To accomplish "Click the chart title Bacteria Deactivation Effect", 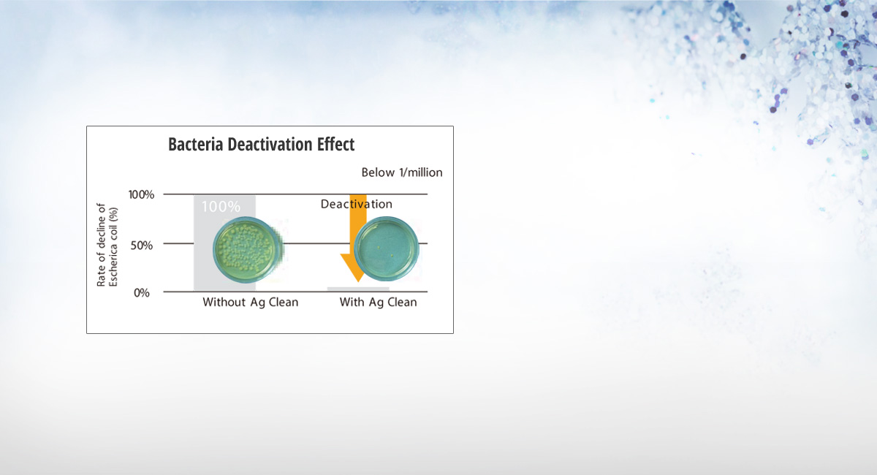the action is (261, 145).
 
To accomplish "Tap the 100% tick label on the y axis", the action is (141, 194).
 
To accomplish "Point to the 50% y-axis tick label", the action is (142, 246).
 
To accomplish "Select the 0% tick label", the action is (142, 293).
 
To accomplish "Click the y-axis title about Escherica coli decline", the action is (107, 245).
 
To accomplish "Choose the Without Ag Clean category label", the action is (251, 303).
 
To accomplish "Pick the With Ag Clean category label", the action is (379, 303).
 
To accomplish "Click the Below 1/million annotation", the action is (402, 172).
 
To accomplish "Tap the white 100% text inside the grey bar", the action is (221, 207).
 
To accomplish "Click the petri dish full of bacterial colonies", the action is (247, 250).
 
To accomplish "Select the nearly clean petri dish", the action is (387, 248).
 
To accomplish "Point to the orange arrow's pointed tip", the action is (358, 281).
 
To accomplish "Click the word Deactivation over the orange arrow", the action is (357, 204).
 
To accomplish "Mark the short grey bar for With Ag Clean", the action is (358, 289).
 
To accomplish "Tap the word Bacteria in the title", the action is (196, 145).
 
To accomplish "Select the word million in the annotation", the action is (425, 172).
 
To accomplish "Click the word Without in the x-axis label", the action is (224, 303).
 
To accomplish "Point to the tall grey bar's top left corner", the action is (194, 195).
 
